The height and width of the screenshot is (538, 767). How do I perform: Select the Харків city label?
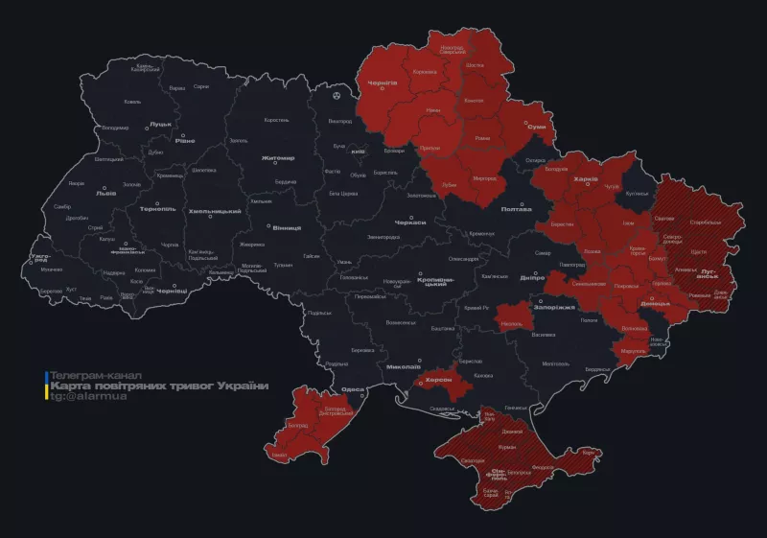coord(585,178)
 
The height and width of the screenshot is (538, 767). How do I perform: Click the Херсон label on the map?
coord(438,380)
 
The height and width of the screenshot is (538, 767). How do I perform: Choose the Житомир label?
coord(277,157)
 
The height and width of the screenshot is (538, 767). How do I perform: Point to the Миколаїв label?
coord(405,366)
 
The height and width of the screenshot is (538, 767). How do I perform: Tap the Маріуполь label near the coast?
coord(633,351)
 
